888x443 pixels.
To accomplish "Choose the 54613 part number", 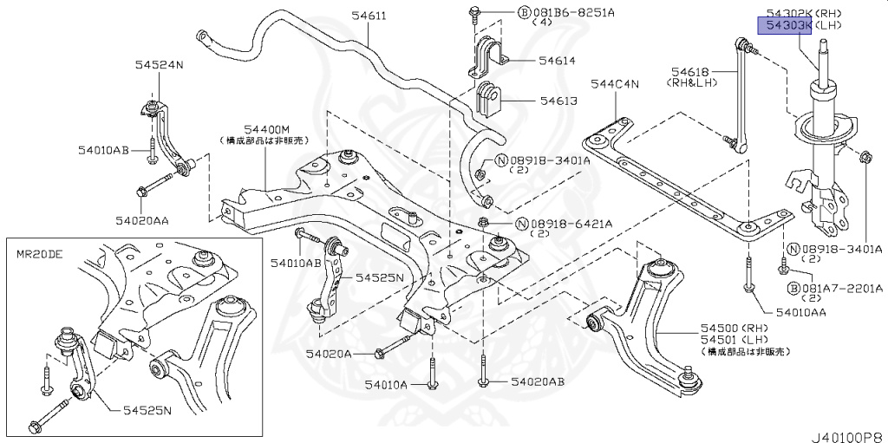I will tap(557, 101).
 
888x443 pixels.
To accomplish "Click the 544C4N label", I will tap(614, 84).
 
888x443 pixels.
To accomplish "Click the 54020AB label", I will tap(537, 381).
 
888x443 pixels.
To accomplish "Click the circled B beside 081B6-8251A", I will tap(525, 13).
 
